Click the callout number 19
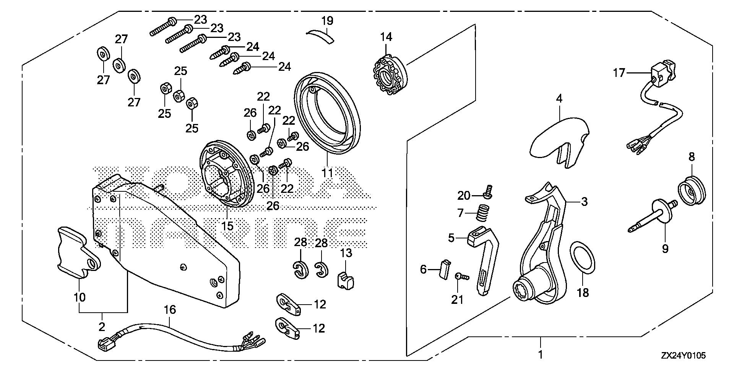click(x=327, y=21)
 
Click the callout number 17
click(x=620, y=72)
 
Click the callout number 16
click(x=170, y=310)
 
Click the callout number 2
click(x=102, y=327)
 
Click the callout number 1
click(x=540, y=354)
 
